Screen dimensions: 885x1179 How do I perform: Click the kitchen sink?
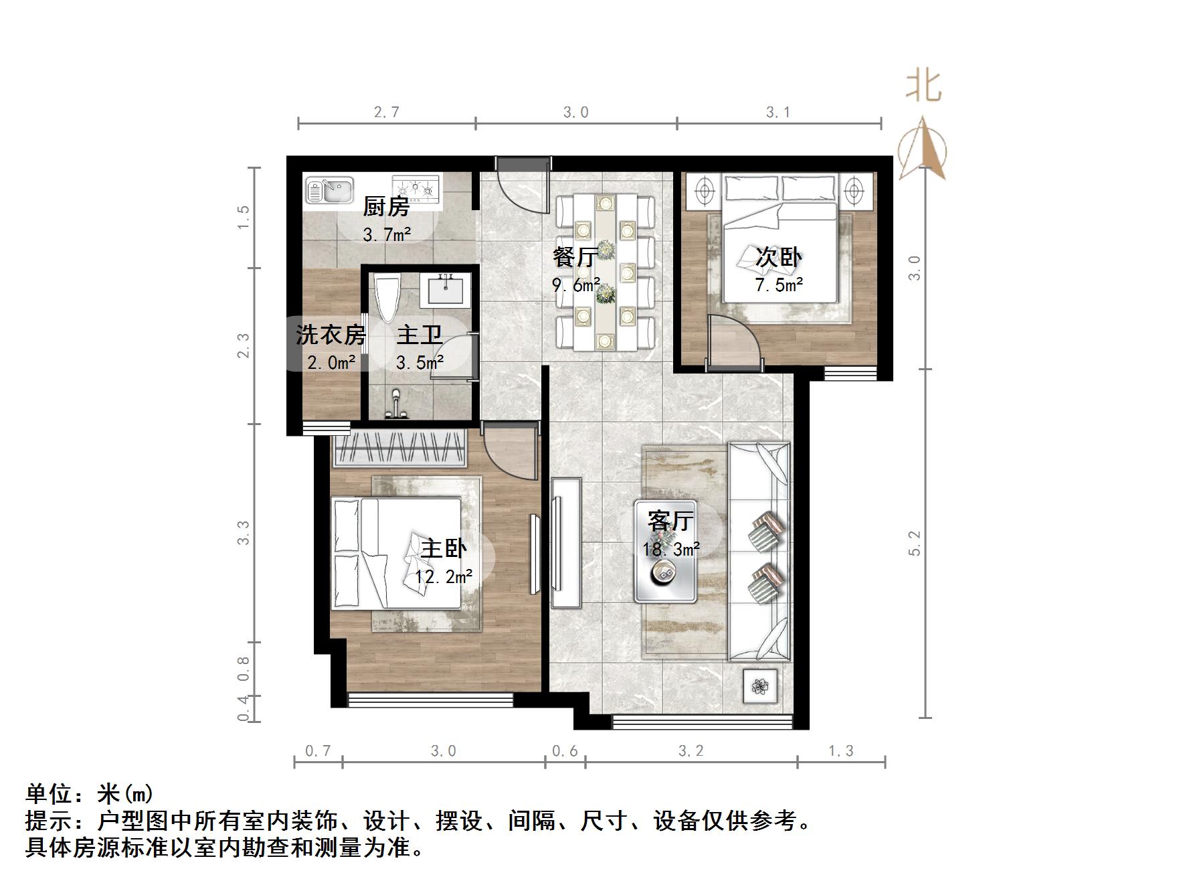329,189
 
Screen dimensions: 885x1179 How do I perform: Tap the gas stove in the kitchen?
416,188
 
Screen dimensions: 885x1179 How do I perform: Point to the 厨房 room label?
386,207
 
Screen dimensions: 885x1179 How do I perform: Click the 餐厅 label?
575,256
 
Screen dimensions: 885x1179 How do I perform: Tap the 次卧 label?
778,257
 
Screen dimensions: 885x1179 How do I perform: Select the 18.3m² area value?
671,550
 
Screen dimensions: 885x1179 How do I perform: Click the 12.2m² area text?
444,576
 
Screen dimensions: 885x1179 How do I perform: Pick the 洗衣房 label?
331,335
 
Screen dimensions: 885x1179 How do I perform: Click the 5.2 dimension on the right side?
915,543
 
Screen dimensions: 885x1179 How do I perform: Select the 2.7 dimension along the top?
387,112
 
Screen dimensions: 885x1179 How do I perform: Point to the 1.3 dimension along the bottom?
841,751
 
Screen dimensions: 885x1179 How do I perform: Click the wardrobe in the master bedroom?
399,448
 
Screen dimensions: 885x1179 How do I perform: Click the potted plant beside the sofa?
761,686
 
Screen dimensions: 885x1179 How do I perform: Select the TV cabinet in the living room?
566,542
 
